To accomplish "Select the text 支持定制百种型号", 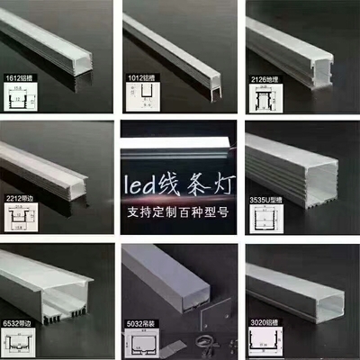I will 179,213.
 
